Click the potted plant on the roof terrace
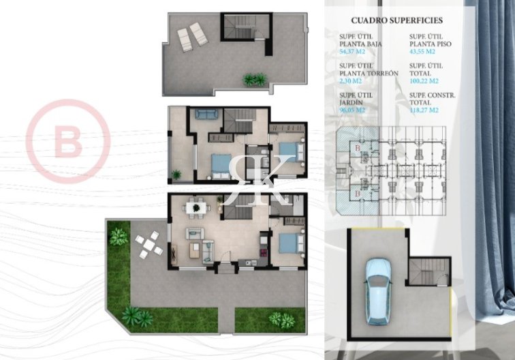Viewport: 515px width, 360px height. click(254, 80)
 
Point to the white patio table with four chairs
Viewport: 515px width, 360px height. click(148, 245)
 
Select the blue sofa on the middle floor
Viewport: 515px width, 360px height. click(204, 115)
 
